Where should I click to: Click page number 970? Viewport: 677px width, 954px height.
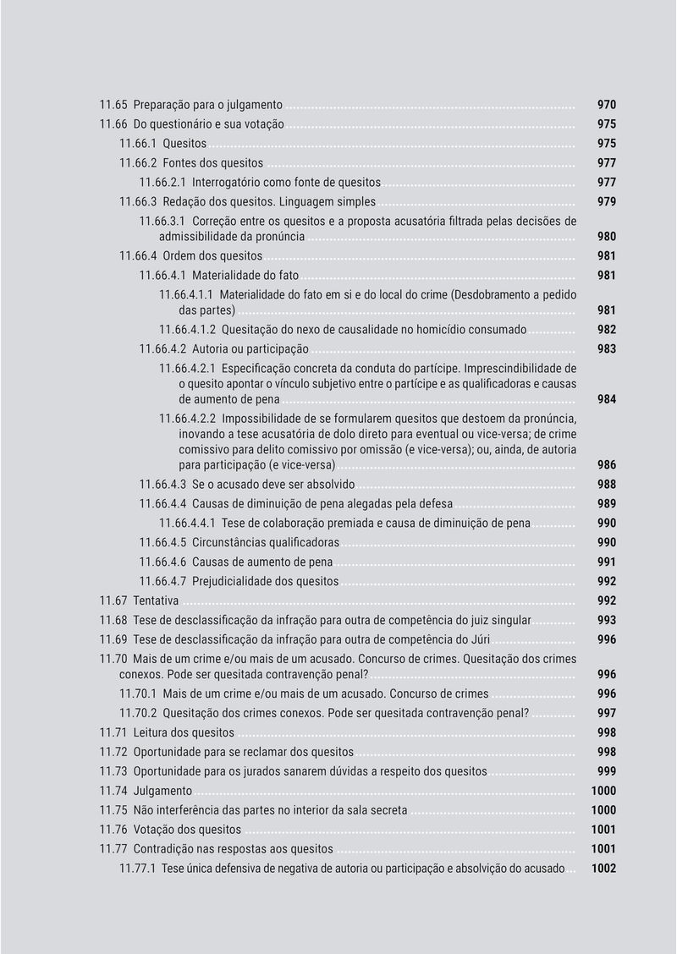coord(606,105)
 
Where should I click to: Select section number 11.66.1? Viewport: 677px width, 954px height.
coord(137,144)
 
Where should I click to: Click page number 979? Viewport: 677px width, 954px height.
coord(606,202)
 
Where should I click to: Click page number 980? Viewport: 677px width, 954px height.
coord(606,237)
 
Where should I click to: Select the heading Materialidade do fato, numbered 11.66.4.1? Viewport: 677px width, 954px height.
coord(245,276)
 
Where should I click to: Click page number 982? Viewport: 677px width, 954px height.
coord(606,330)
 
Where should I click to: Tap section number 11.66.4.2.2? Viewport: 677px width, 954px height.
coord(188,419)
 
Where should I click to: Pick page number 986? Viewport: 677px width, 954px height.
coord(606,465)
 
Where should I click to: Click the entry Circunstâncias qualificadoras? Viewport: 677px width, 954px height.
coord(265,543)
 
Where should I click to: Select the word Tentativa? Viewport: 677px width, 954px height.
coord(156,601)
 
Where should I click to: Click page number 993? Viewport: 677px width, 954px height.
coord(606,621)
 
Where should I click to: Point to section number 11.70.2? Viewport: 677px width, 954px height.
coord(137,713)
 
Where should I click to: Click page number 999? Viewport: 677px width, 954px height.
coord(606,771)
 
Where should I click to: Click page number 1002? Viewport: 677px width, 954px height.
coord(603,869)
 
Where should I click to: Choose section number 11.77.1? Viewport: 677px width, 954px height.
coord(137,869)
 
